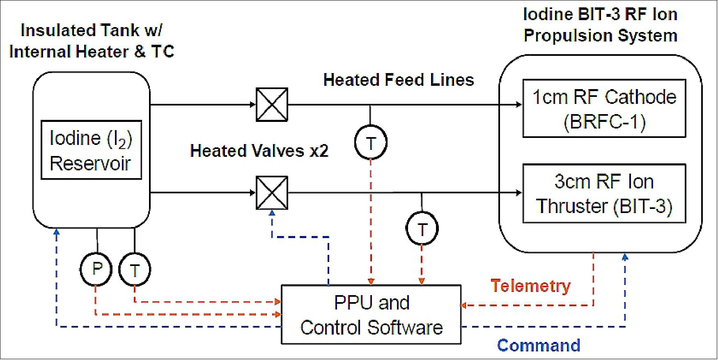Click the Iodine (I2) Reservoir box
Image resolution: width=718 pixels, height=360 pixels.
click(x=91, y=150)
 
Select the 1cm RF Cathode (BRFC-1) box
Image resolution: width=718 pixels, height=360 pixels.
click(x=604, y=108)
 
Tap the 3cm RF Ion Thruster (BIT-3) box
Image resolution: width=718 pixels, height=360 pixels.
click(x=604, y=193)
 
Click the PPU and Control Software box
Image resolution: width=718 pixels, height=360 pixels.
click(x=371, y=314)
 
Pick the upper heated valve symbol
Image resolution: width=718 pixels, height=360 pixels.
click(x=272, y=105)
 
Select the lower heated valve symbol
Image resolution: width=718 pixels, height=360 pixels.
click(x=272, y=193)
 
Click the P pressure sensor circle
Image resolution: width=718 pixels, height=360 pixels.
click(x=96, y=269)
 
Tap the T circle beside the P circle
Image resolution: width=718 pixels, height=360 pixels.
click(x=135, y=270)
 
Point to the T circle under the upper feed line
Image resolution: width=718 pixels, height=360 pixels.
click(x=371, y=143)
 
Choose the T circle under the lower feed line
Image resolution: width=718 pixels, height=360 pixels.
click(x=422, y=229)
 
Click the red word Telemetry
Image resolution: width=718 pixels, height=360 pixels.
click(x=531, y=286)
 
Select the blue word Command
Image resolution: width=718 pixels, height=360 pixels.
click(x=539, y=345)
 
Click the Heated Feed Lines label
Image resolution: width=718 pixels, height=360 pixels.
click(x=398, y=80)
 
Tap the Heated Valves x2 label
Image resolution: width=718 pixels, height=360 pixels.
click(x=259, y=151)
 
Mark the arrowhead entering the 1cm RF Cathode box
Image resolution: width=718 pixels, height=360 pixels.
click(x=519, y=105)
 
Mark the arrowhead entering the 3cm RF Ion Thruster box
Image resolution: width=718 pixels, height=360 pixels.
click(x=519, y=193)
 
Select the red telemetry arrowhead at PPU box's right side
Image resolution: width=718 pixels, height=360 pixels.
click(x=463, y=305)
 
